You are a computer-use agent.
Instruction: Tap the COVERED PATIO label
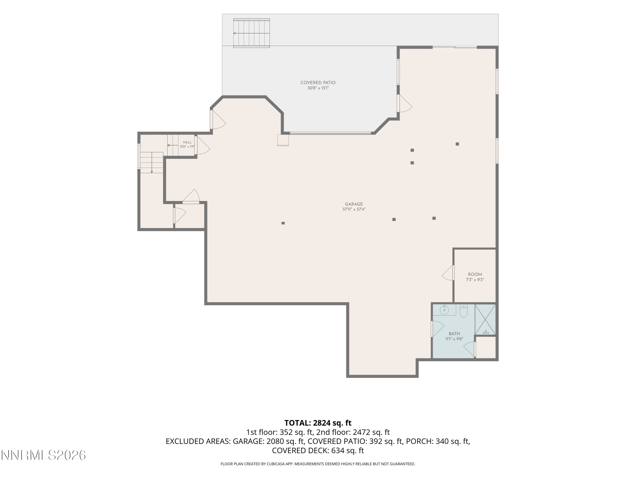click(318, 82)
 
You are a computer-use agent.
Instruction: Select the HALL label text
click(187, 142)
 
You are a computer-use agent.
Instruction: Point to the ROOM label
click(475, 274)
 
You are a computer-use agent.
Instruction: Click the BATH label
click(454, 333)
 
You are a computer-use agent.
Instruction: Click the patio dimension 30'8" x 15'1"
click(318, 88)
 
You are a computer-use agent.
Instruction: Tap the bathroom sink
click(444, 310)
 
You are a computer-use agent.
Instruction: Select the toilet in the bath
click(463, 311)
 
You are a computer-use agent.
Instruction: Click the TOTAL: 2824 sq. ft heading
click(318, 423)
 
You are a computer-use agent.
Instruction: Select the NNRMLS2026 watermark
click(43, 455)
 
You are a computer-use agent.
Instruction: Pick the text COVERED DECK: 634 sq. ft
click(318, 450)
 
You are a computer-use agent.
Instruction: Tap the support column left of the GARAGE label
click(283, 223)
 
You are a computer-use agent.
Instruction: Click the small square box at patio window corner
click(283, 140)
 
